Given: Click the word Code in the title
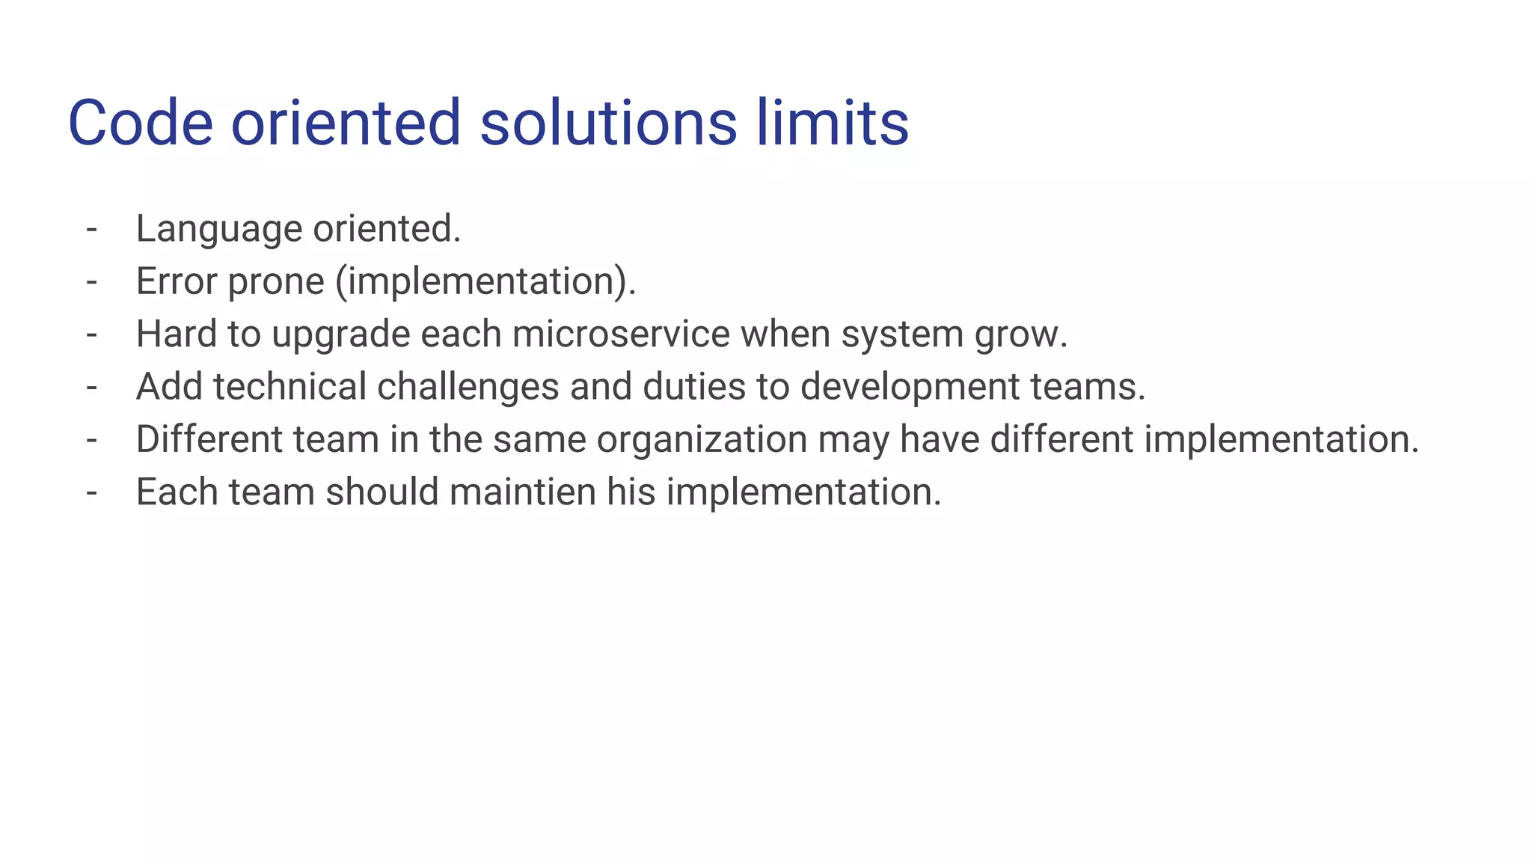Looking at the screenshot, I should tap(141, 123).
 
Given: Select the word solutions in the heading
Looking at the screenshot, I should tap(608, 123).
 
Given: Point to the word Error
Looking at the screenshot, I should tap(177, 281).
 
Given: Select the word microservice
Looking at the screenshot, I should tap(621, 334).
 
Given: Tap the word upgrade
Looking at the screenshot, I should tap(341, 335).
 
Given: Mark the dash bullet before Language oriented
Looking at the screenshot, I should tap(92, 229).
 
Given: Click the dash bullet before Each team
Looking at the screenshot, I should tap(92, 492).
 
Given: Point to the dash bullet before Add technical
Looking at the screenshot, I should tap(92, 387).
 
